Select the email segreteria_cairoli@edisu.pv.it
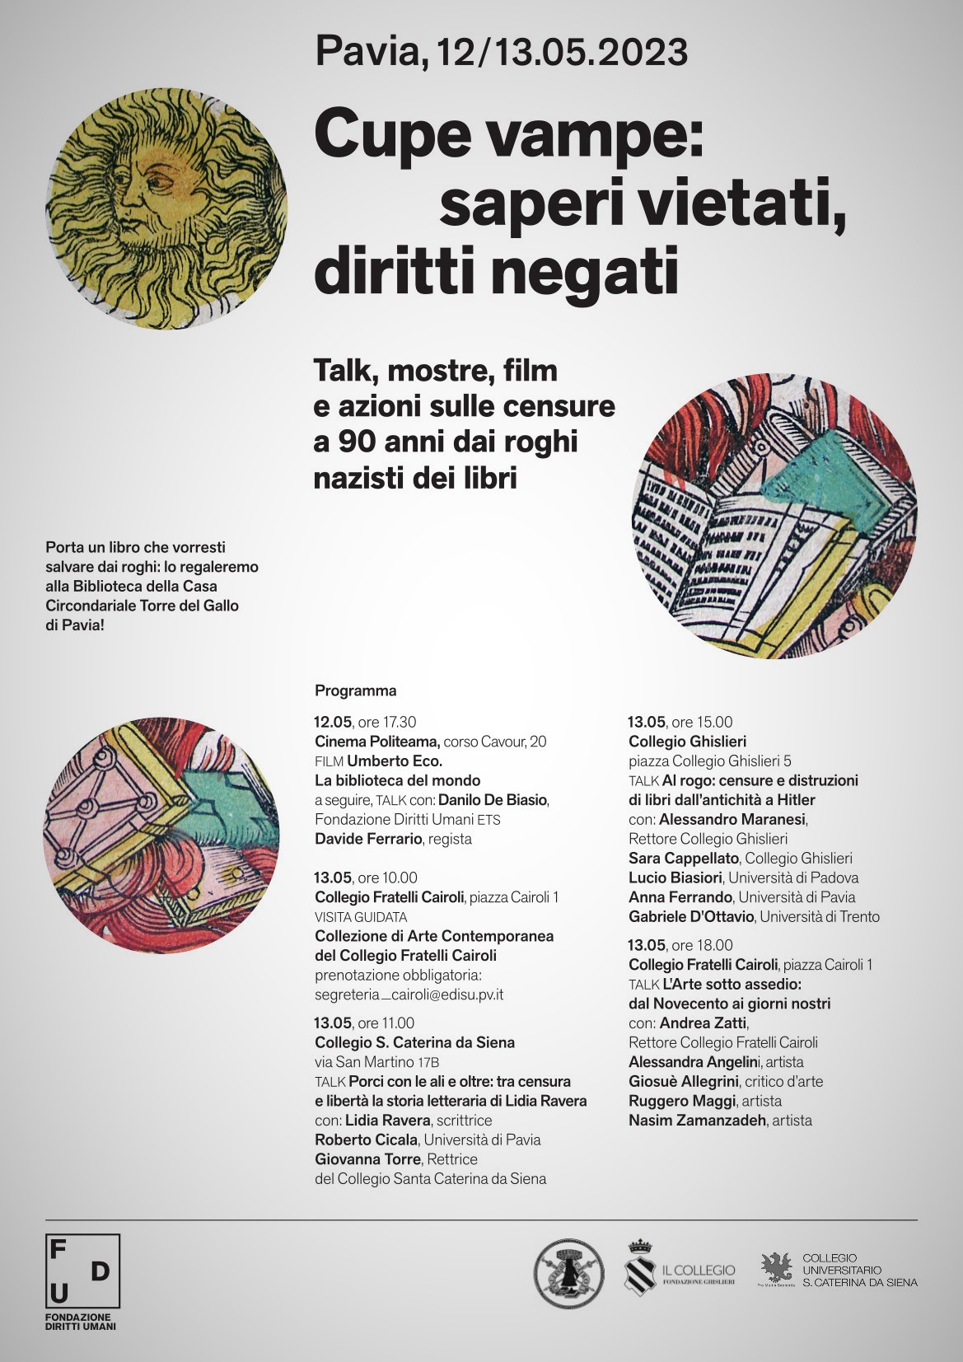click(409, 995)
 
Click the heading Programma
click(355, 690)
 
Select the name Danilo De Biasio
click(493, 800)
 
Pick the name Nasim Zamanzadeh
click(697, 1121)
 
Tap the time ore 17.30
click(387, 723)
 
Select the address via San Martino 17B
click(376, 1062)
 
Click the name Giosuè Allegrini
click(683, 1082)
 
